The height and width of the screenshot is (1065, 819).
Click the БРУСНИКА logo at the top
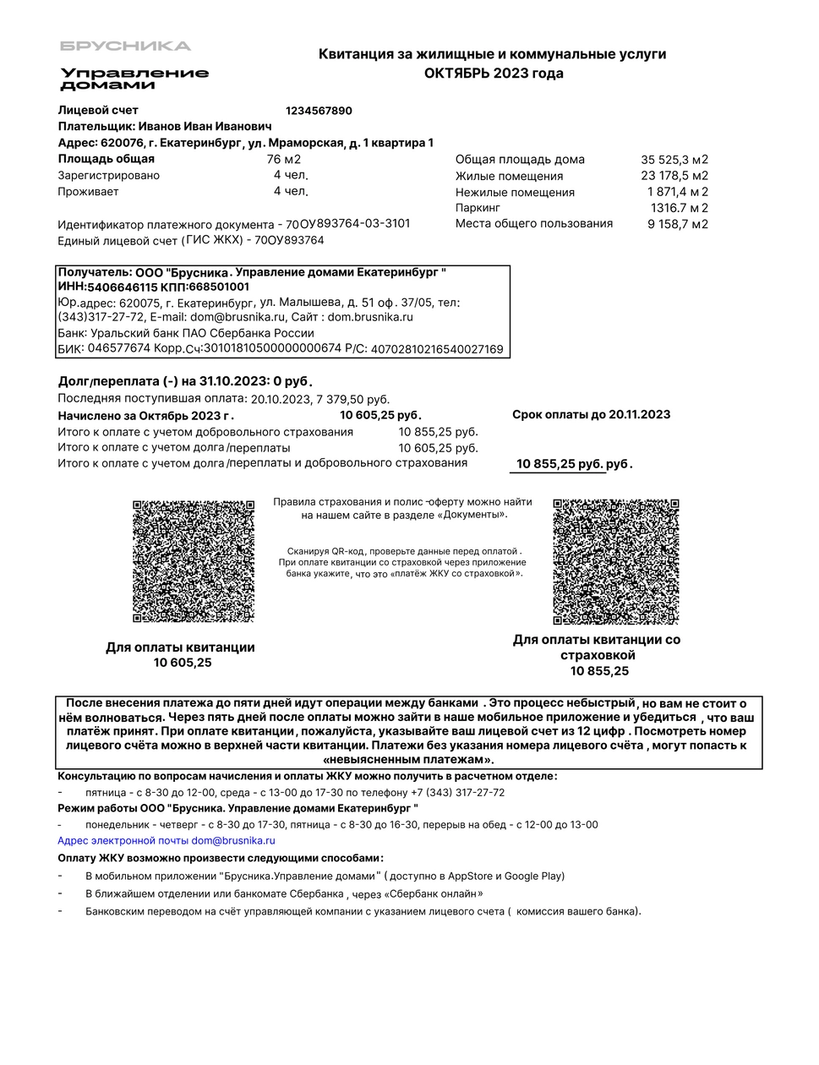(x=125, y=46)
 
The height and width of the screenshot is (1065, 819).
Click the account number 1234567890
(x=319, y=111)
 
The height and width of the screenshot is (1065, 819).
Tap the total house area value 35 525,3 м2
(x=674, y=160)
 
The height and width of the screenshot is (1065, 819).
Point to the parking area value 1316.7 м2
(x=679, y=208)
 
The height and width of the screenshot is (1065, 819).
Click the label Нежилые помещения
(x=515, y=192)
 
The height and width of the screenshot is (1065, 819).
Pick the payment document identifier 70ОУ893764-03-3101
(x=348, y=224)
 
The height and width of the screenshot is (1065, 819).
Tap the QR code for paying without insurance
(x=194, y=561)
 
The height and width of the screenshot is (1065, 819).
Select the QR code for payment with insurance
(x=615, y=562)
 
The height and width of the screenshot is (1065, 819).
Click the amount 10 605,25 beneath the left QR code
(x=183, y=663)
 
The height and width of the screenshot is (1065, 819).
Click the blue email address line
(x=167, y=841)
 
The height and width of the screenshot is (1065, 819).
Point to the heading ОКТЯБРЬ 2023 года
(x=493, y=74)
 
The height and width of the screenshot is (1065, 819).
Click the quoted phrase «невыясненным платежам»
(x=409, y=760)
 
